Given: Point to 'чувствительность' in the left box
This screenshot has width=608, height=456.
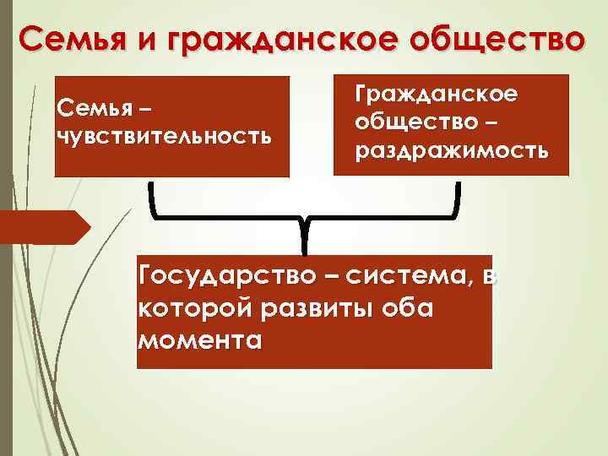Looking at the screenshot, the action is (x=164, y=136).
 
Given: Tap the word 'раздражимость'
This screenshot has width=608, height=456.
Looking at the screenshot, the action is (x=452, y=149).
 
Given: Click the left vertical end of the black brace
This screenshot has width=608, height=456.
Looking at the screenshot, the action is (x=153, y=196).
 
